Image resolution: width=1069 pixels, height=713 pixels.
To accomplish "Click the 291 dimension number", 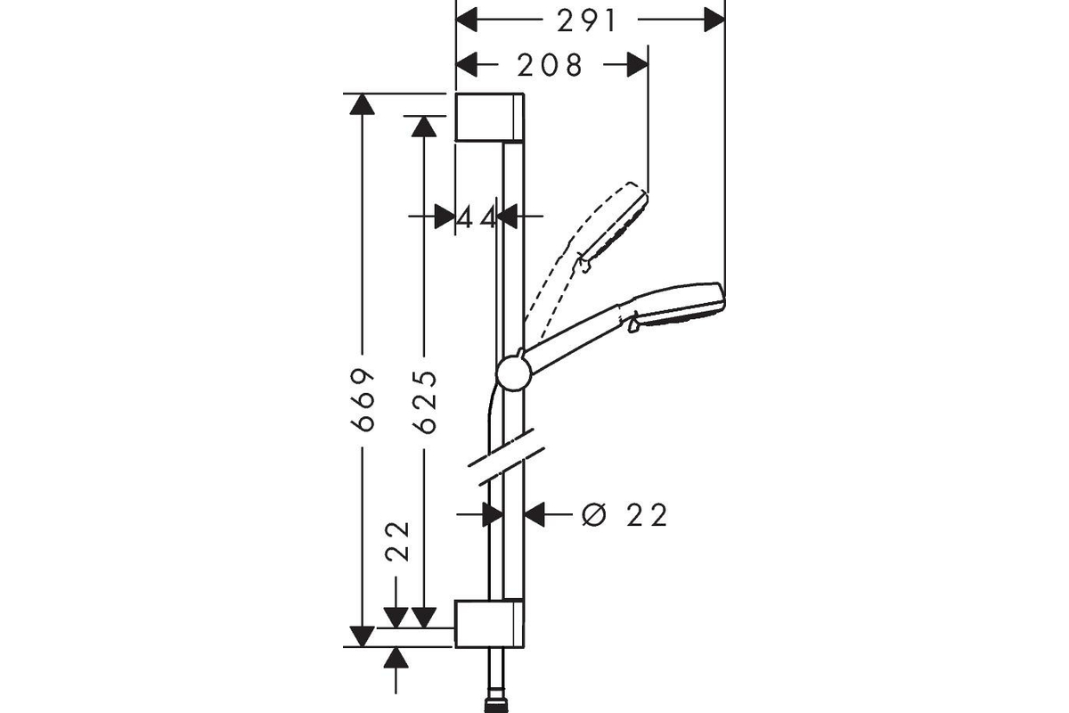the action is pyautogui.click(x=587, y=21).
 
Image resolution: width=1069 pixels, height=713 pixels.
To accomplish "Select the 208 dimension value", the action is pyautogui.click(x=550, y=65).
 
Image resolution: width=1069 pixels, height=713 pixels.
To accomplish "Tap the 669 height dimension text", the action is pyautogui.click(x=362, y=399).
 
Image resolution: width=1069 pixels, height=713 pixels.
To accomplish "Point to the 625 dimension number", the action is pyautogui.click(x=424, y=402).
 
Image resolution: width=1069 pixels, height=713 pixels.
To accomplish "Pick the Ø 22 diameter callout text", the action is pyautogui.click(x=624, y=515).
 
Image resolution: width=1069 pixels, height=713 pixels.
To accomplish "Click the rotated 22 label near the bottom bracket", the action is pyautogui.click(x=397, y=542).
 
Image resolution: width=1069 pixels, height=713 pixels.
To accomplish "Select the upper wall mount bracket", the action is pyautogui.click(x=490, y=118).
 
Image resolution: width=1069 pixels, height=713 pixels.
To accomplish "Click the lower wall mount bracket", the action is pyautogui.click(x=490, y=623).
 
